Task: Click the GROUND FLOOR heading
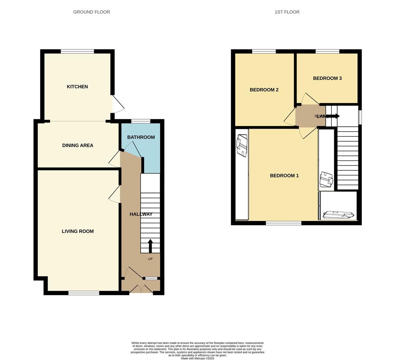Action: coord(92,12)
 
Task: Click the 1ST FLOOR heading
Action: coord(287,12)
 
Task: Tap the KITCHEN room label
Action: coord(77,87)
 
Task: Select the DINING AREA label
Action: coord(78,145)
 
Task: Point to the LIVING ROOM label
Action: coord(78,231)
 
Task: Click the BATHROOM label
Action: coord(141,137)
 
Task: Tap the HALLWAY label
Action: coord(141,214)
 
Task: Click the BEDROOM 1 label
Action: coord(284,176)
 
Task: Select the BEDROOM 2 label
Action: coord(264,90)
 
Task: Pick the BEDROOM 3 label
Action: coord(327,78)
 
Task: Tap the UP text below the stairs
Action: coord(150,259)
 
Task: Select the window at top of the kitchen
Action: coord(77,51)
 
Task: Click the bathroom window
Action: coord(141,121)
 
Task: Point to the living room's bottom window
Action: coord(84,293)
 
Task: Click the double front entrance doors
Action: coord(141,289)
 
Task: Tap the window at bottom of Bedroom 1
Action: coord(283,223)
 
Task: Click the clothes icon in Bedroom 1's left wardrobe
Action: coord(242,145)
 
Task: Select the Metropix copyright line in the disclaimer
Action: coord(197,358)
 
